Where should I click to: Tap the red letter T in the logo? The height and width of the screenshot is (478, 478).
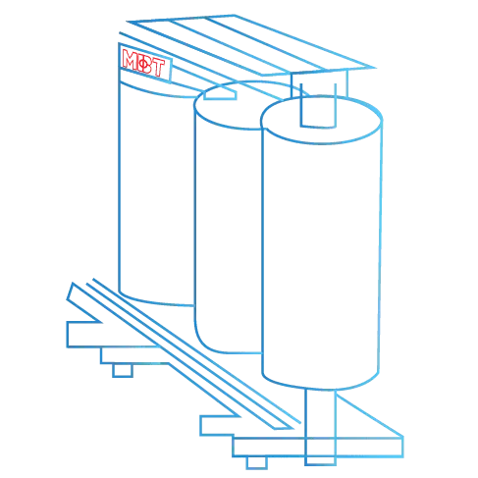click(x=158, y=68)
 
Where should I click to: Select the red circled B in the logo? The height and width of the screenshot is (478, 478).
click(x=143, y=64)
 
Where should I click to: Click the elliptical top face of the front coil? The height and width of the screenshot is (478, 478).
click(x=321, y=120)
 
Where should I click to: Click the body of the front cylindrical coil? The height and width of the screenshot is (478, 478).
click(x=321, y=255)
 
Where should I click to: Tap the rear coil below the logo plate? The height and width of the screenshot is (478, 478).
click(x=156, y=196)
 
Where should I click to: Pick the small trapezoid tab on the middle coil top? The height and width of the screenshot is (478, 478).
click(x=220, y=95)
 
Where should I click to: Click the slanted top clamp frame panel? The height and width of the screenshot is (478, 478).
click(x=251, y=45)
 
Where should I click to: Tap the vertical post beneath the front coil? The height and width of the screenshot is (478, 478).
click(x=320, y=425)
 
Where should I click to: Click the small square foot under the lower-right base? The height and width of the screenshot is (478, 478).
click(x=257, y=462)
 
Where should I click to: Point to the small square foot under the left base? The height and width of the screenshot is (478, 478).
click(x=123, y=370)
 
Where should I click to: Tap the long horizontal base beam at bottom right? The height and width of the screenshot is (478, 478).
click(x=317, y=447)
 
